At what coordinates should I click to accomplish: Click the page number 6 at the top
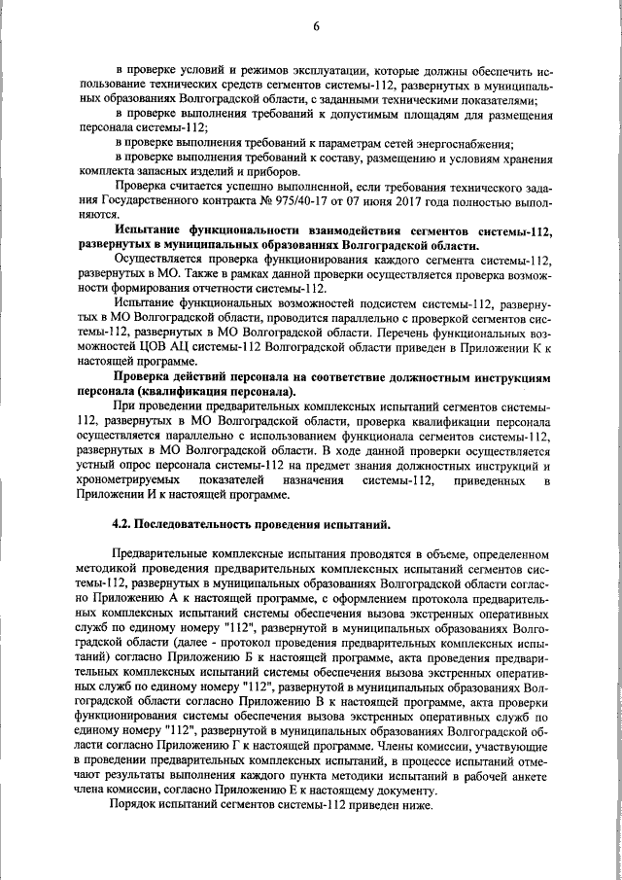click(x=316, y=26)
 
